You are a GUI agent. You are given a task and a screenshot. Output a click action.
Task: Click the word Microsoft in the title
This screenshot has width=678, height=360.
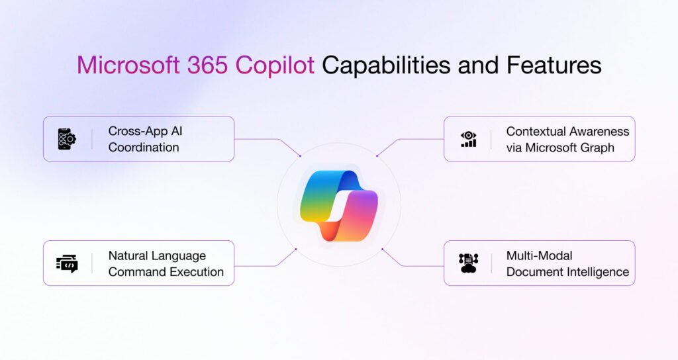point(123,66)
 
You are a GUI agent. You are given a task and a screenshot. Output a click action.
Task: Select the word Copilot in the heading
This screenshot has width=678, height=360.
point(271,66)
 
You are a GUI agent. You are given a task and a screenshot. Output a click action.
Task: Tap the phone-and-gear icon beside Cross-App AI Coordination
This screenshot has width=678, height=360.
point(67,139)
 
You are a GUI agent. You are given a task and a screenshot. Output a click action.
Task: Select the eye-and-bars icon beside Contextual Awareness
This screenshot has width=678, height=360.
point(468,139)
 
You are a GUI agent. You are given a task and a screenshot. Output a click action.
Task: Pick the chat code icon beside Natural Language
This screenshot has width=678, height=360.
point(67,263)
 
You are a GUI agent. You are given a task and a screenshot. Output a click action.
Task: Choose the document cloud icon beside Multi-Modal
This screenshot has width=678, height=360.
point(468,263)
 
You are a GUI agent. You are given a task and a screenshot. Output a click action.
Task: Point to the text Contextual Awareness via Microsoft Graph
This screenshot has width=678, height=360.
point(567,139)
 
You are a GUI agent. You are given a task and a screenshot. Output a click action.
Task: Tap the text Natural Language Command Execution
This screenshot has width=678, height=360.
point(166,263)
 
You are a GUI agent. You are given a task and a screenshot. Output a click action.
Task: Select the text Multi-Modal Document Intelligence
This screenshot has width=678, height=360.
point(567,263)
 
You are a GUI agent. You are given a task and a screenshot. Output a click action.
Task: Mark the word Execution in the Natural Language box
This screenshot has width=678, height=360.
point(195,272)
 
